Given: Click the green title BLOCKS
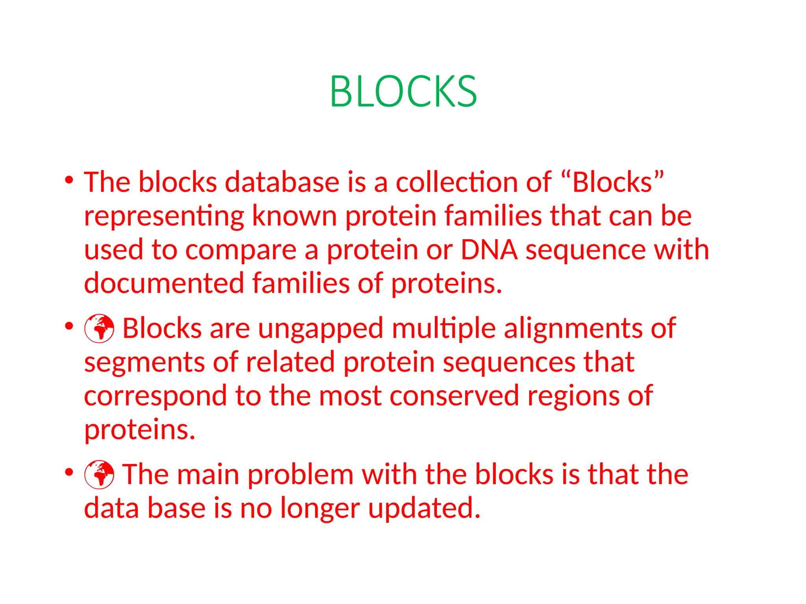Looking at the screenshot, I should [x=403, y=91].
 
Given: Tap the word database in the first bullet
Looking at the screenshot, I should [x=282, y=182].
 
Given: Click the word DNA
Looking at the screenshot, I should [x=489, y=250].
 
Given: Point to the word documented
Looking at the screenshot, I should [x=164, y=283].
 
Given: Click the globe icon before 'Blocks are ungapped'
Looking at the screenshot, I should [x=99, y=329].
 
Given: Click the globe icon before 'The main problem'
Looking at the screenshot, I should [x=99, y=475].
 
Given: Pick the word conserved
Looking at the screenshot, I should [x=454, y=396].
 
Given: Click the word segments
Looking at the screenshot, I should [x=144, y=363].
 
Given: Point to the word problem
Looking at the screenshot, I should [x=300, y=475].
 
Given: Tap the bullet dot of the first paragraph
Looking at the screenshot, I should [x=69, y=180].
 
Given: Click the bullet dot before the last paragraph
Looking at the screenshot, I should [x=69, y=472].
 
